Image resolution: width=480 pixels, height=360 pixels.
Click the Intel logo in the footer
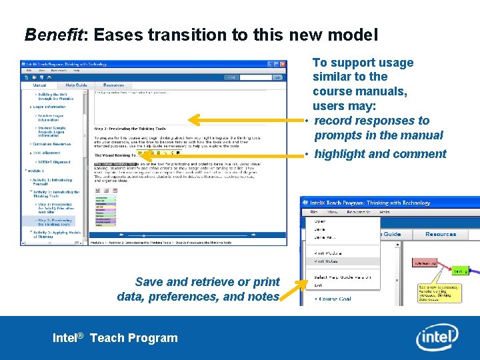coord(437,337)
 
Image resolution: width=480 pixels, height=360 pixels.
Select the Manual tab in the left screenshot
coord(39,85)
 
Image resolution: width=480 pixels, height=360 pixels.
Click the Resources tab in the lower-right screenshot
coord(441,234)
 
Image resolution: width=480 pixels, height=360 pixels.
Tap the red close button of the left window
coord(283,65)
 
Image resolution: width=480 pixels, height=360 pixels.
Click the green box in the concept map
coord(461,271)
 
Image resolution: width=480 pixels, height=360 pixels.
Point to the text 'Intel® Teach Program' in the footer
coord(115,338)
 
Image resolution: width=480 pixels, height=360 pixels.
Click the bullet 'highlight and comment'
coord(380,154)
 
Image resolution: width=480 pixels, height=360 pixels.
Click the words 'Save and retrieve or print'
coord(207,282)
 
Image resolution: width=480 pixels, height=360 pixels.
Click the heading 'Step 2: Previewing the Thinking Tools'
coord(129,129)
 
